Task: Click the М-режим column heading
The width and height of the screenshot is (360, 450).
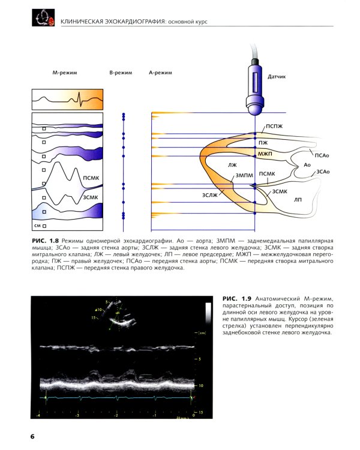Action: click(x=64, y=73)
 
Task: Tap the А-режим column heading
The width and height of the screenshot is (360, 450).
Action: click(x=160, y=73)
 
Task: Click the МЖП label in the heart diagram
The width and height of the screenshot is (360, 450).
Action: click(x=265, y=154)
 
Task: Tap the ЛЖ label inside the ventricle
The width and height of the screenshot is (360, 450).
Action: click(x=233, y=163)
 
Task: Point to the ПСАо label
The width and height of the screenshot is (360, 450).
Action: click(x=322, y=155)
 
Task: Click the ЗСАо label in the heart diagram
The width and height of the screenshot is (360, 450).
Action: click(x=323, y=172)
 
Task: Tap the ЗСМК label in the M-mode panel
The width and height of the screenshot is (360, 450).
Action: click(x=91, y=197)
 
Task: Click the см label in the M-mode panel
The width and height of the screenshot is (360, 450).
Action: click(x=37, y=226)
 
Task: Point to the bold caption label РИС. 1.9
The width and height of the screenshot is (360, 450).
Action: click(x=236, y=299)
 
